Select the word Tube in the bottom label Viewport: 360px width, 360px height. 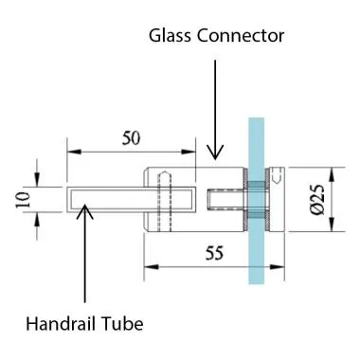coord(123,325)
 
